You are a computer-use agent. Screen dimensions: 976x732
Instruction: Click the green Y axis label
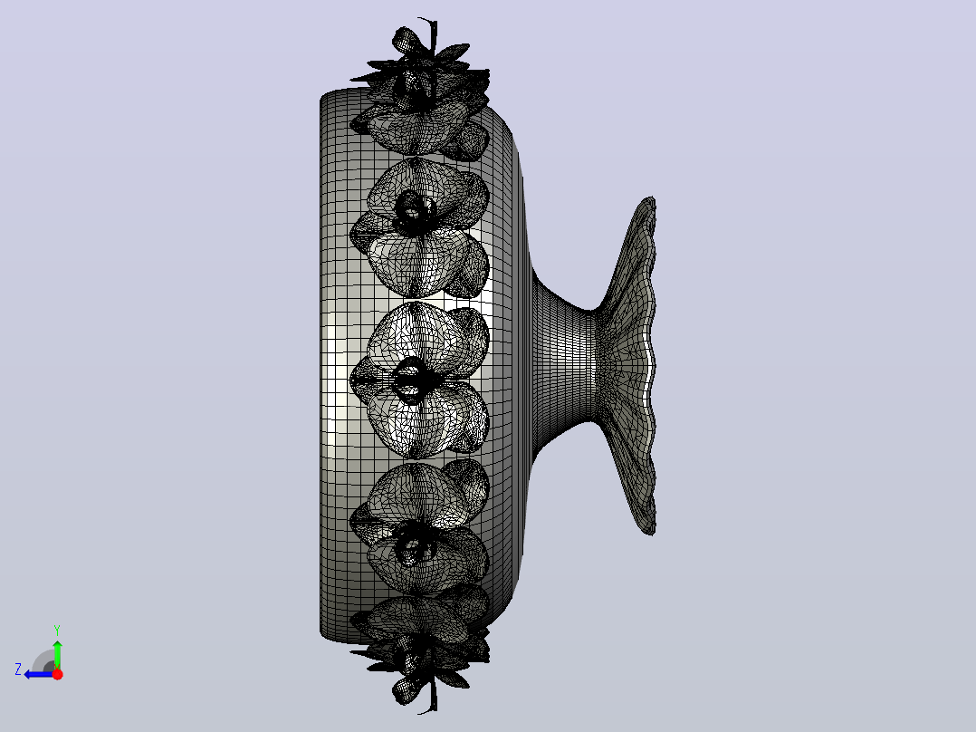(57, 630)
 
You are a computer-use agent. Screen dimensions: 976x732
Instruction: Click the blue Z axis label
(18, 669)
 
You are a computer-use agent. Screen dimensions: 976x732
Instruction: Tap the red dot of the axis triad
(57, 674)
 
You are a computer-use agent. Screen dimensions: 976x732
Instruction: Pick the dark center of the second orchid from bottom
(412, 546)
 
